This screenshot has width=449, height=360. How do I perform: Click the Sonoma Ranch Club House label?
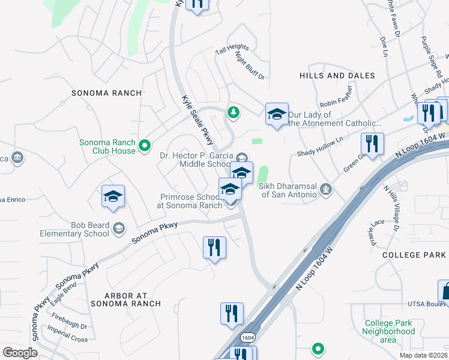click(107, 146)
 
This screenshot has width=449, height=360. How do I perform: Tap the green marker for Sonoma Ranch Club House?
click(144, 145)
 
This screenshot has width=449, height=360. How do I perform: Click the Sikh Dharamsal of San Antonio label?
click(288, 190)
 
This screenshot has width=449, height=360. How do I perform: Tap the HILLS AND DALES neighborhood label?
click(337, 76)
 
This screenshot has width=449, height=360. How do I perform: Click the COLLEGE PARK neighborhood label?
click(414, 255)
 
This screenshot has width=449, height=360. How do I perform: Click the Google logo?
click(20, 353)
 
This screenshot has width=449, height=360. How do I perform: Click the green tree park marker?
click(233, 112)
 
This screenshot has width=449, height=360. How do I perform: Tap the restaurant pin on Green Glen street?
click(372, 144)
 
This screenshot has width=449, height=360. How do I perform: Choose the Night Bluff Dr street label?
click(250, 65)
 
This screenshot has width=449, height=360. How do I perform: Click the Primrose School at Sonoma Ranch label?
click(190, 200)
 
